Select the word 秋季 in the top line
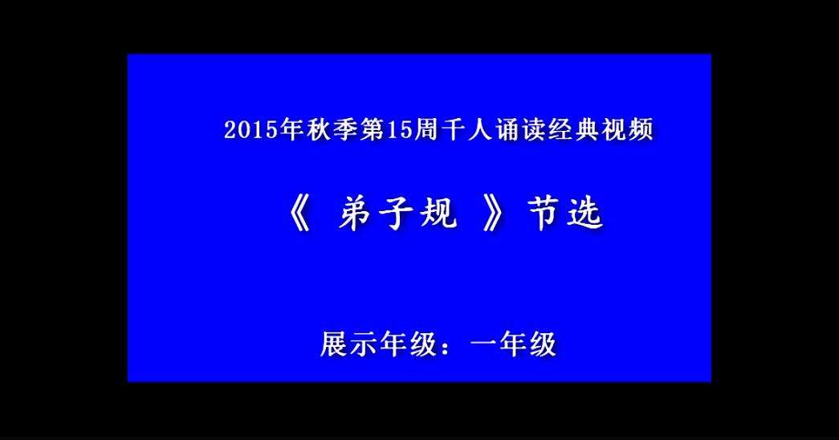click(332, 130)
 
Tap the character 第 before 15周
click(371, 130)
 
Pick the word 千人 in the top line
click(466, 130)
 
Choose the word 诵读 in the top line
click(520, 130)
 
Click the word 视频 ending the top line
click(627, 130)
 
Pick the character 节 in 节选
click(544, 214)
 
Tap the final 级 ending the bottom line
click(543, 344)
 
